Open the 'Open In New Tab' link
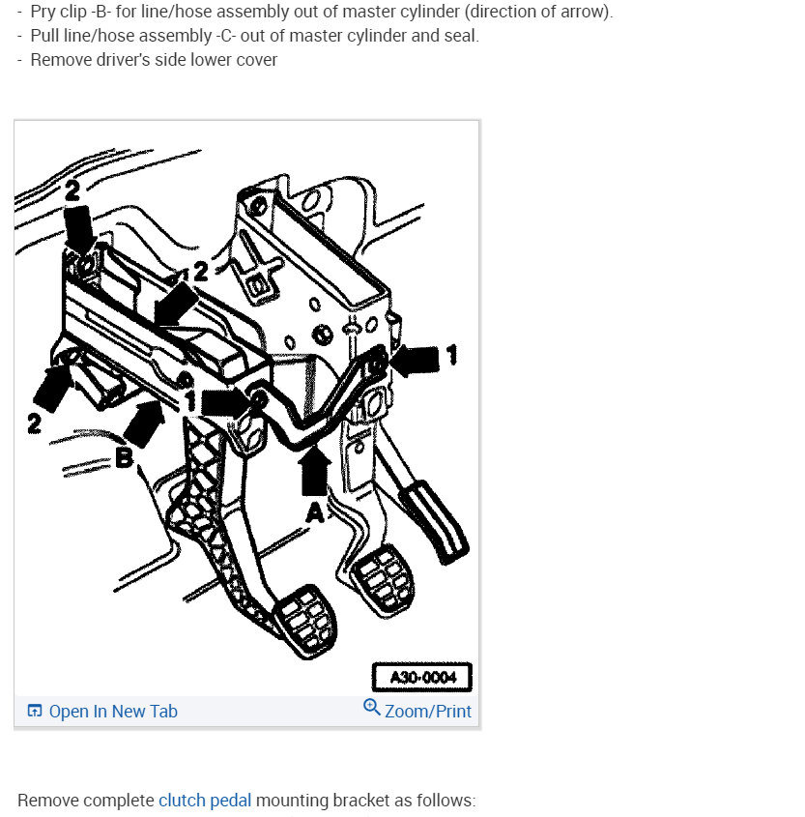(x=113, y=712)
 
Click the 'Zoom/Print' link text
(x=428, y=712)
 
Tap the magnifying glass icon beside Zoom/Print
(x=372, y=709)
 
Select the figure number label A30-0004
(x=421, y=677)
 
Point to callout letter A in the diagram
(x=315, y=514)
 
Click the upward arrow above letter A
(x=315, y=473)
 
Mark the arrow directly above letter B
(x=144, y=423)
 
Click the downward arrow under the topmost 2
(x=79, y=231)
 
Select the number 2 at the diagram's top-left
(x=73, y=191)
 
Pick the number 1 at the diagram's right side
(x=450, y=355)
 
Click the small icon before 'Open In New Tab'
(x=35, y=712)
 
